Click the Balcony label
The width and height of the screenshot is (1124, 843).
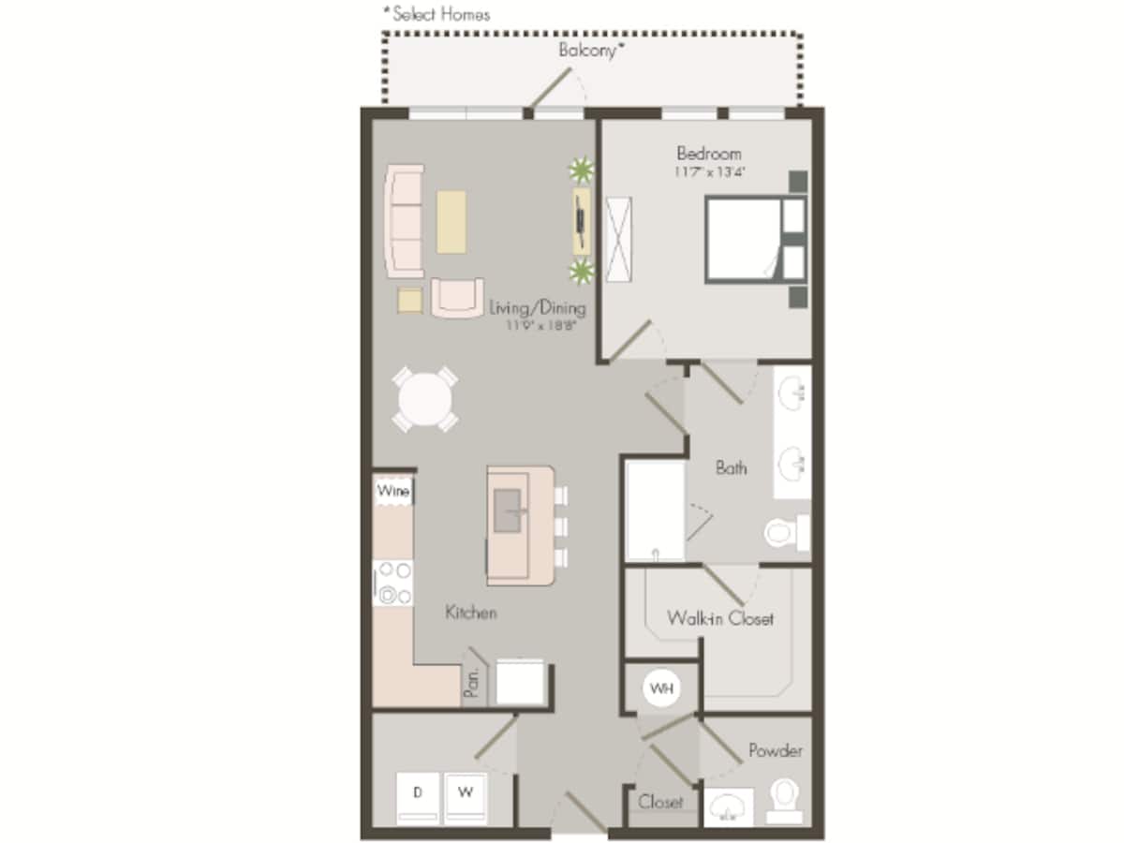(590, 51)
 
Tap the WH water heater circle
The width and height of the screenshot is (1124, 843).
(662, 689)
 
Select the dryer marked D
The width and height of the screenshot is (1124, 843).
(418, 794)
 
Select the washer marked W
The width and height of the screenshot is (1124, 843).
(465, 794)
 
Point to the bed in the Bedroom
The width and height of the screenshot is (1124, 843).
(745, 239)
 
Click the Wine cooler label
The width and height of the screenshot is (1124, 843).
(392, 491)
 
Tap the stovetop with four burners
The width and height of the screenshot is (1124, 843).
(392, 583)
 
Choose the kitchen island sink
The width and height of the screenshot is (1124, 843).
(508, 510)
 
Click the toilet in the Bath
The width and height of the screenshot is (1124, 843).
(785, 532)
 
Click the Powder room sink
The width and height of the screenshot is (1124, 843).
(728, 806)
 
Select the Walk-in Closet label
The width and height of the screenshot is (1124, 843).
(720, 618)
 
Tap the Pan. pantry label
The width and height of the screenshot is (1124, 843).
(474, 684)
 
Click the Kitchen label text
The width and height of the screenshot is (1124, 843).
(470, 613)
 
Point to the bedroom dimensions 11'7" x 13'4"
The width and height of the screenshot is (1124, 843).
(709, 172)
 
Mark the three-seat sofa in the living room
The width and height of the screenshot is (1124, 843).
(405, 220)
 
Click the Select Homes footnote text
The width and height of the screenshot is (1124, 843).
(436, 14)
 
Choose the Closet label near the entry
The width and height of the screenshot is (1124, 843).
(660, 802)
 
